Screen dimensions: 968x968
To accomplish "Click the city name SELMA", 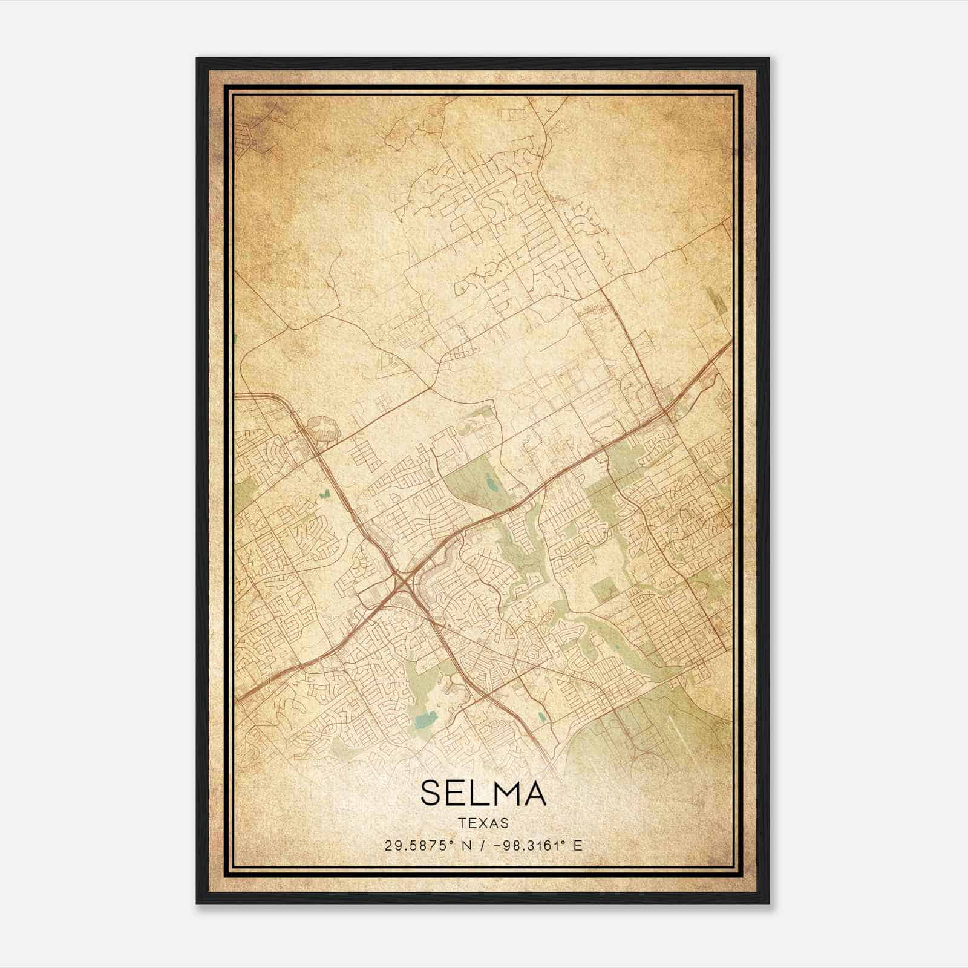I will (x=483, y=793).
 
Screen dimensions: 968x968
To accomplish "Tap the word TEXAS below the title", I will (x=483, y=823).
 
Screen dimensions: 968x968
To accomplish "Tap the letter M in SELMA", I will (x=503, y=793).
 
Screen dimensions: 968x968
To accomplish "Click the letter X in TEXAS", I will (x=484, y=823).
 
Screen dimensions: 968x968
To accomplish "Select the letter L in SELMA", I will (x=478, y=793).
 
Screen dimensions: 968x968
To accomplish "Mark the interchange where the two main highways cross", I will (x=402, y=582).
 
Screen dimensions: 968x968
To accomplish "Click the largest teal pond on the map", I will (x=428, y=719).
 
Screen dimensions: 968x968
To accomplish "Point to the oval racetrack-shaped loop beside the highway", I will (x=324, y=428).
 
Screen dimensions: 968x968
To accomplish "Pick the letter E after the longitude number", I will (x=578, y=846).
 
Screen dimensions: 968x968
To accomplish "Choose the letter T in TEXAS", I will (x=462, y=823).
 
